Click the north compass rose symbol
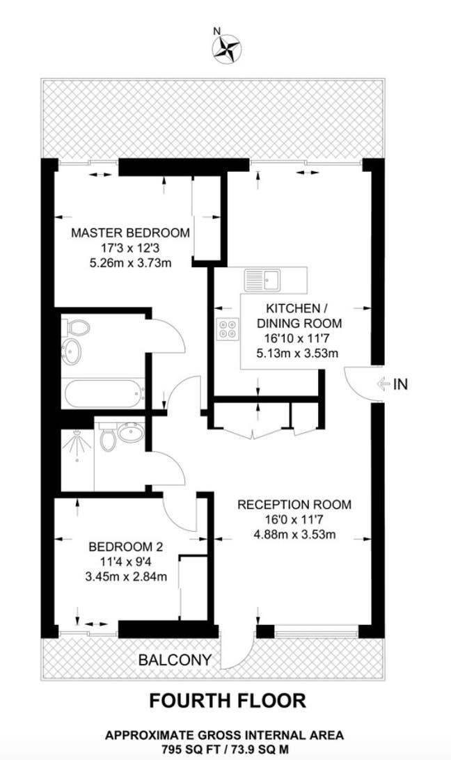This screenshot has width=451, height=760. pyautogui.click(x=225, y=47)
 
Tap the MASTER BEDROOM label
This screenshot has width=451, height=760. pyautogui.click(x=130, y=232)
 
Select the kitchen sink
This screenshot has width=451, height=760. pyautogui.click(x=262, y=279)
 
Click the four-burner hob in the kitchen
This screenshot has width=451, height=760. pyautogui.click(x=228, y=328)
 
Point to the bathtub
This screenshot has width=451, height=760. pyautogui.click(x=102, y=394)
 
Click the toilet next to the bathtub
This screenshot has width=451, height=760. pyautogui.click(x=76, y=326)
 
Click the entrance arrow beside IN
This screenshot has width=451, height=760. pyautogui.click(x=382, y=383)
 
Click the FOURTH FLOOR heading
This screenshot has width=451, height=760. pyautogui.click(x=228, y=700)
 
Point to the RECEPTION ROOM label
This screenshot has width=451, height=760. pyautogui.click(x=294, y=505)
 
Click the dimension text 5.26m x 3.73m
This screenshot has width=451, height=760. pyautogui.click(x=130, y=263)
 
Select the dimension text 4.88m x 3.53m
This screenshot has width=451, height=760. pyautogui.click(x=294, y=535)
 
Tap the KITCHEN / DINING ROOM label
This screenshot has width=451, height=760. pyautogui.click(x=299, y=315)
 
